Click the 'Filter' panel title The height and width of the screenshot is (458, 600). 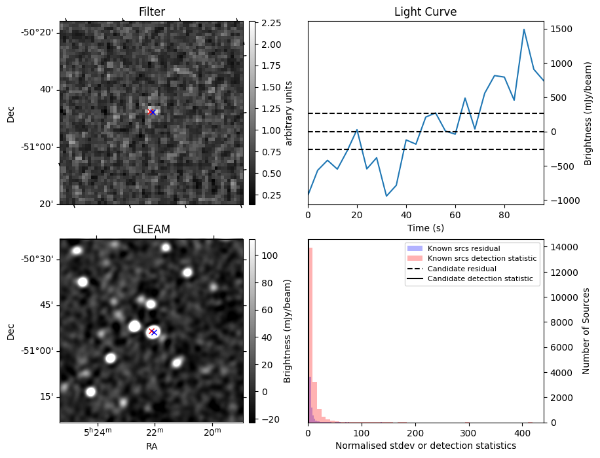[151, 12]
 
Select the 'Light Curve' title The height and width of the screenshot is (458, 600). [425, 12]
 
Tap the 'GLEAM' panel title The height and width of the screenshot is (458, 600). [151, 229]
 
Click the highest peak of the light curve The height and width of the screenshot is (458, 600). [524, 29]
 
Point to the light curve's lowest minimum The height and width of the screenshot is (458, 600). [386, 196]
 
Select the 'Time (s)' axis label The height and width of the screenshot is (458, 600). [425, 227]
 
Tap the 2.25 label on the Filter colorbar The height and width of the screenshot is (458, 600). [271, 23]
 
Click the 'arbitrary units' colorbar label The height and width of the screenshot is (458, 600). [289, 113]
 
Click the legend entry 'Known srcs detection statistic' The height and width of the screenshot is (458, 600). [481, 258]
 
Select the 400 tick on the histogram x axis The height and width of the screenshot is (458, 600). [521, 433]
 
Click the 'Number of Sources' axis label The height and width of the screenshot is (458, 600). [587, 331]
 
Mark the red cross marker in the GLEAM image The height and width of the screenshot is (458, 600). [151, 331]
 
